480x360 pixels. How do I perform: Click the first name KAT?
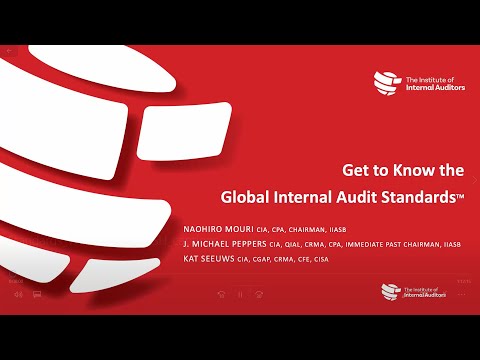(193, 259)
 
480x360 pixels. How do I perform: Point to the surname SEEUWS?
(224, 259)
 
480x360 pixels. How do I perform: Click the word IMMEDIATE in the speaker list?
(391, 244)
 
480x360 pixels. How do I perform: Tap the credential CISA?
(320, 260)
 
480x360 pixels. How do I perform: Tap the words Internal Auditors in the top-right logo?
(432, 86)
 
